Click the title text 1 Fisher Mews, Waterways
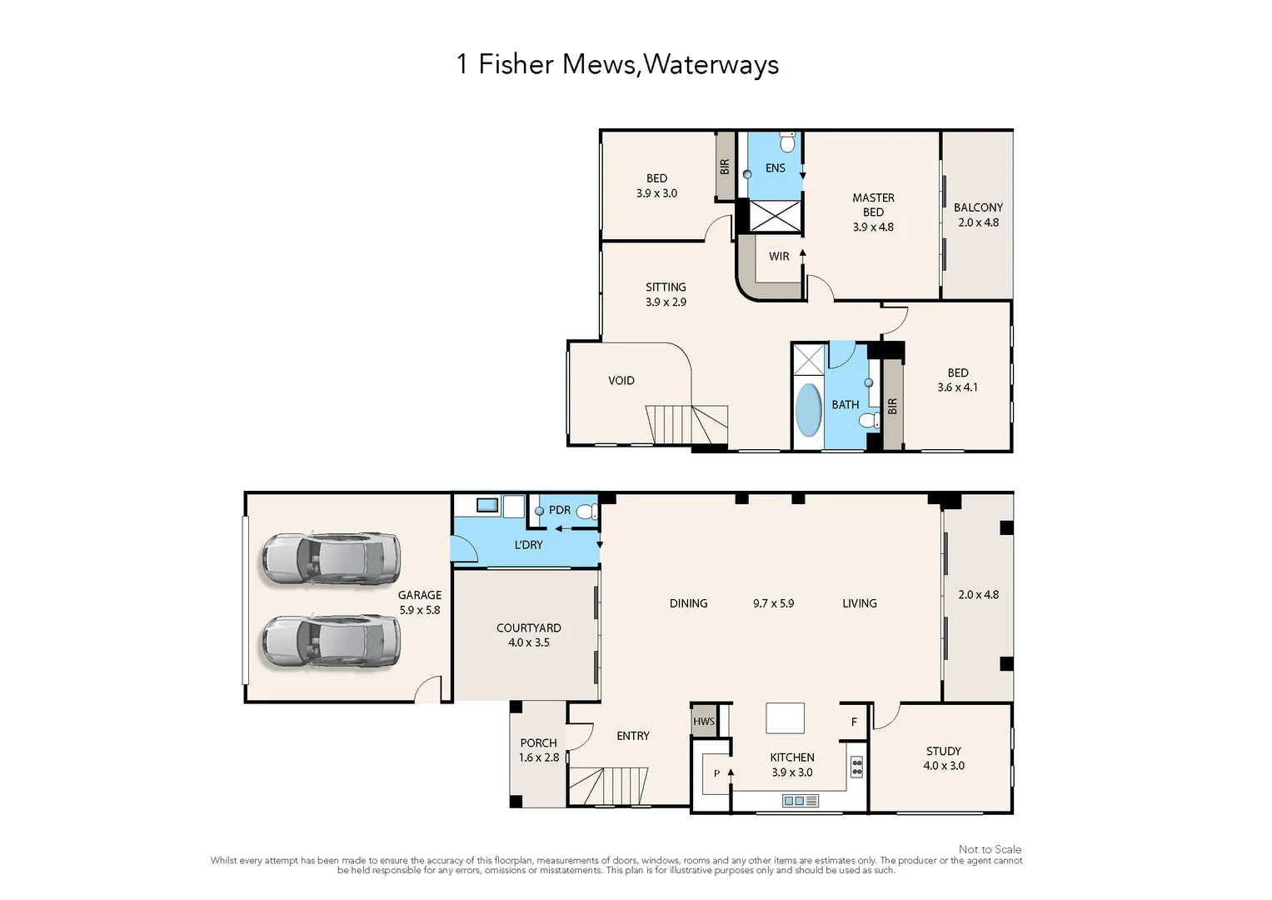click(617, 64)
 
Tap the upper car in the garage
click(331, 558)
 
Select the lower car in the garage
click(331, 642)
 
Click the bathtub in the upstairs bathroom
click(808, 409)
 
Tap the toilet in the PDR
click(587, 512)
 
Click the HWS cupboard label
click(704, 722)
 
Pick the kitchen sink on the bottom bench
click(801, 801)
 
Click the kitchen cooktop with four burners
click(856, 767)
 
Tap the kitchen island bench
click(785, 717)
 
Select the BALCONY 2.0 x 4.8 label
click(978, 215)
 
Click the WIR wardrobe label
click(779, 257)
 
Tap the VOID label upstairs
click(621, 381)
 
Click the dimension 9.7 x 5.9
click(773, 603)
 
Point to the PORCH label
click(538, 743)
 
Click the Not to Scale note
click(990, 849)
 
